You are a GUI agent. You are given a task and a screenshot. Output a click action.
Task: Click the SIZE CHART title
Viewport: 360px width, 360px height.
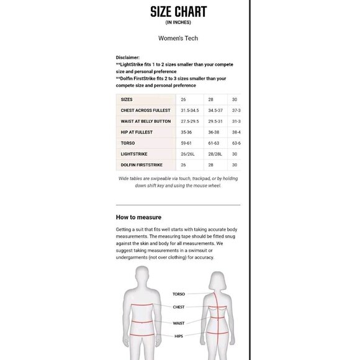point(178,12)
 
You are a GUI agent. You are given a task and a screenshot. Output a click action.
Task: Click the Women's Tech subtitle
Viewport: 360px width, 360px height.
point(178,38)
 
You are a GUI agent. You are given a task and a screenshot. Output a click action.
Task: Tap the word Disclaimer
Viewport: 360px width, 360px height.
point(128,57)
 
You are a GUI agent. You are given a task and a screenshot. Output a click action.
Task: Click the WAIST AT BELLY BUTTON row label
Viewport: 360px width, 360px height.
point(146,121)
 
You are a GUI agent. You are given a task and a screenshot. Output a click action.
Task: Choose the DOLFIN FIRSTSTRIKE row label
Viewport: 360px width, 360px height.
point(142,164)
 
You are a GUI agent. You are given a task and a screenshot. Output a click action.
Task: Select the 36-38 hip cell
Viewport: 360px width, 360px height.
point(214,132)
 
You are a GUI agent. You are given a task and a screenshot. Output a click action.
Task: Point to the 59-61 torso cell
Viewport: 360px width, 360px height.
point(186,143)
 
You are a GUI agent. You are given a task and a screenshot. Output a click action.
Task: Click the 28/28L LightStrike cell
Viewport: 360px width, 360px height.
point(215,154)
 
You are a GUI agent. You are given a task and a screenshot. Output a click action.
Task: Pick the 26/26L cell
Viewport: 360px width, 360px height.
point(187,154)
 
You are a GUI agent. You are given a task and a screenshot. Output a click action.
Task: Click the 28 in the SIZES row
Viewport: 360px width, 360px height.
point(210,99)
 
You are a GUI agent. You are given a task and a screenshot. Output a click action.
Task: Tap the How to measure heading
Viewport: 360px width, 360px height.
point(138,217)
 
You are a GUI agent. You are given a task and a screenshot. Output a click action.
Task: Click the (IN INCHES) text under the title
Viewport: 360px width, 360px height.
point(178,23)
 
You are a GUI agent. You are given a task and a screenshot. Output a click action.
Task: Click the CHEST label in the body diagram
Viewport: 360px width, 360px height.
point(179,307)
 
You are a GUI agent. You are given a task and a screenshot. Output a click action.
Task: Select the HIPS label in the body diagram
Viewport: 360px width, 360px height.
point(179,336)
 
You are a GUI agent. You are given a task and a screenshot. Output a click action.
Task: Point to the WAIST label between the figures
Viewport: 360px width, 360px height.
point(179,323)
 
